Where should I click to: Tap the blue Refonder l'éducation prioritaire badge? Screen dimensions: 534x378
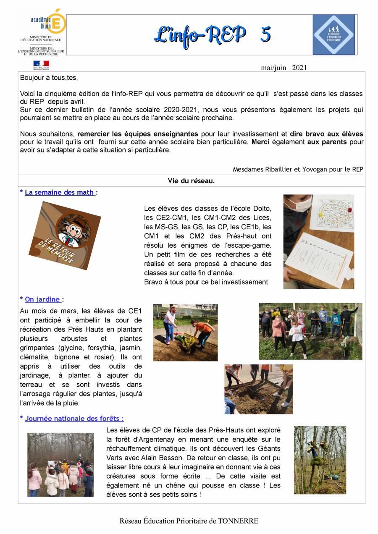coord(334,35)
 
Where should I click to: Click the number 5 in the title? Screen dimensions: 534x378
coord(265,34)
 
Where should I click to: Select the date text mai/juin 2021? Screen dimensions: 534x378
coord(283,68)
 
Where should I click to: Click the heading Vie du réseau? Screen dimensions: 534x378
coord(191,181)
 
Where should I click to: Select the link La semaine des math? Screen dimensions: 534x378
coord(59,192)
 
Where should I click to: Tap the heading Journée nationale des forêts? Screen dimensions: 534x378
coord(74,419)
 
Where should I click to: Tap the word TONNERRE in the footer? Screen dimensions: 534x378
coord(238,521)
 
